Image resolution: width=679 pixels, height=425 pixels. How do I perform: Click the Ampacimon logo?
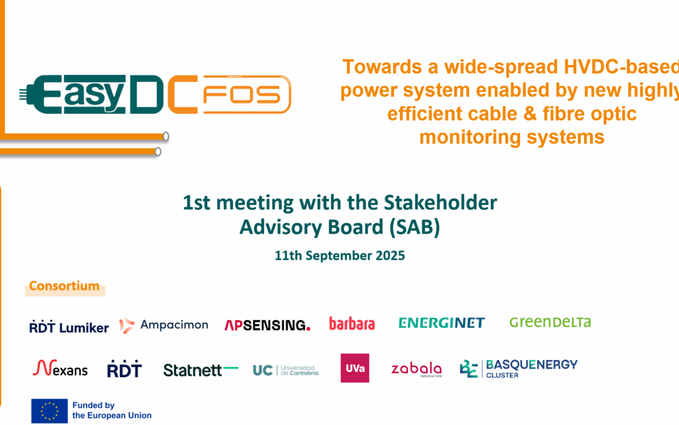coord(163,325)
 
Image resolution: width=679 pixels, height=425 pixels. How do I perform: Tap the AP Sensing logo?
coord(267,325)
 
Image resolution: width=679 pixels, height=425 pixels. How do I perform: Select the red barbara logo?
coord(351,324)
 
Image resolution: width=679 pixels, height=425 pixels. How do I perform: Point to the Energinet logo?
coord(441,323)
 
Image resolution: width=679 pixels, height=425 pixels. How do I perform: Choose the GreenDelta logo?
coord(550,322)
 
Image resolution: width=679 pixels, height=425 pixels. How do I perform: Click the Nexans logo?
coord(60,368)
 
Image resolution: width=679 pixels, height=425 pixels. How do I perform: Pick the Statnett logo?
coord(201,370)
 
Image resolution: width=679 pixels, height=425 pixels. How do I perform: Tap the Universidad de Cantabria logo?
coord(285,370)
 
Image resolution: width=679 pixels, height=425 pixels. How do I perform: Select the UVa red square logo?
coord(355,368)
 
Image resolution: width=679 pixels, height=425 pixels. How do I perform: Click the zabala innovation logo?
coord(416,370)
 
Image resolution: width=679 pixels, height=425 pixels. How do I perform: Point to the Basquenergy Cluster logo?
coord(519,368)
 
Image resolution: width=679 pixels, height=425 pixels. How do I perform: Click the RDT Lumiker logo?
coord(69,327)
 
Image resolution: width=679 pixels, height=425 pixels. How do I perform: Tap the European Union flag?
coord(50,411)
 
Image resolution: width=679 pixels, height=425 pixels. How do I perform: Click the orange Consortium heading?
coord(64,286)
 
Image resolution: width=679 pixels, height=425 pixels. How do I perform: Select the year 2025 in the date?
coord(389,256)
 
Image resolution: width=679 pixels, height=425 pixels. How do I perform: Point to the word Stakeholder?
coord(439,203)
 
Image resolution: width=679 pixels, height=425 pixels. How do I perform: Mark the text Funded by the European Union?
coord(111,411)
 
